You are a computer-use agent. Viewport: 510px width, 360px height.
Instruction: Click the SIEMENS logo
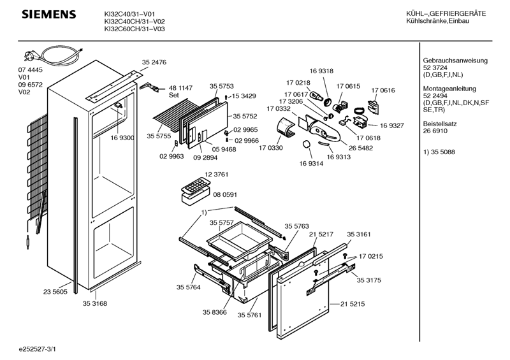[x=49, y=15]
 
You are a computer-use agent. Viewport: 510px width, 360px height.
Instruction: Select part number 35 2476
[x=154, y=62]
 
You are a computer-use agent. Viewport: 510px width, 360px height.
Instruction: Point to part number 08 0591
[x=225, y=194]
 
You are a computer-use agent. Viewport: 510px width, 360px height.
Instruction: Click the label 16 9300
[x=122, y=138]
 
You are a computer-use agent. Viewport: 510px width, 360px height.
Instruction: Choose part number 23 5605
[x=55, y=292]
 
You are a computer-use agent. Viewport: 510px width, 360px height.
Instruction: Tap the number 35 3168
[x=94, y=303]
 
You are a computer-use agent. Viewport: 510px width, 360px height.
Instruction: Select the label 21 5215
[x=353, y=304]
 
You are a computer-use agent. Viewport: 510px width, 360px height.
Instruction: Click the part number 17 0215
[x=371, y=256]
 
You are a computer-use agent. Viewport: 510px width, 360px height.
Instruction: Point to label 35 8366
[x=214, y=312]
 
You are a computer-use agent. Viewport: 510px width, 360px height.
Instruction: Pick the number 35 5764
[x=188, y=287]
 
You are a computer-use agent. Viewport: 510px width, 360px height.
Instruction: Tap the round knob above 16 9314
[x=307, y=145]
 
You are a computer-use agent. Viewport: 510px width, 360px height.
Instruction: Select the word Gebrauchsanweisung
[x=455, y=61]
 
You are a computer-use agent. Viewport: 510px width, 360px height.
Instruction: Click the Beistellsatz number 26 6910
[x=435, y=131]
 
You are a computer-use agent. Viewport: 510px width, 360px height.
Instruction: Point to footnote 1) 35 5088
[x=439, y=152]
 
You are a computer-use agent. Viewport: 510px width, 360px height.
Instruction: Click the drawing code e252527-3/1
[x=37, y=349]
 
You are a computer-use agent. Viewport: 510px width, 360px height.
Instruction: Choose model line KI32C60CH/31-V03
[x=135, y=29]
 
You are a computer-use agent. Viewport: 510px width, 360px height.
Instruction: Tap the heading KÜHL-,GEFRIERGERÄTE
[x=446, y=13]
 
